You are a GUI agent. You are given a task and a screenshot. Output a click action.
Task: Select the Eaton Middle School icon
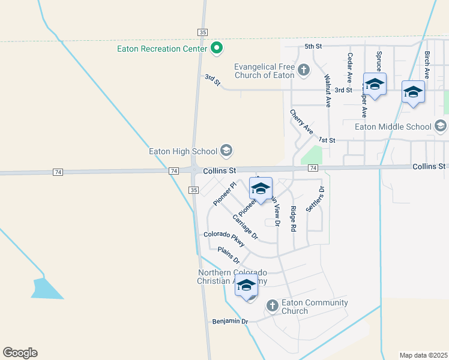tap(441, 126)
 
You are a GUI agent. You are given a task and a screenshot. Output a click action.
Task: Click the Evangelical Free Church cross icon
tap(304, 70)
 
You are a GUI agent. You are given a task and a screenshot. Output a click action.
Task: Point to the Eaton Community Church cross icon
tap(272, 306)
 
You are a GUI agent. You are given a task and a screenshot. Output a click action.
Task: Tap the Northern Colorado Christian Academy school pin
tap(246, 286)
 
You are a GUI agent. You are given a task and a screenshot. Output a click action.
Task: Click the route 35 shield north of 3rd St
tap(202, 32)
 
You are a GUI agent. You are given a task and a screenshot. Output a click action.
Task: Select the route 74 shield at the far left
tap(58, 172)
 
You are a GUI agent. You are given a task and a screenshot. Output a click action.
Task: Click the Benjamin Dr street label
tap(230, 322)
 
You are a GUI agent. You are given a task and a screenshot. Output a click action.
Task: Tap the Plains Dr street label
tap(229, 256)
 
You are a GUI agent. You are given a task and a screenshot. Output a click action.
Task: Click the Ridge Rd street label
tap(293, 218)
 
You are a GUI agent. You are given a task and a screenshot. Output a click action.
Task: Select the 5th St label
tap(313, 46)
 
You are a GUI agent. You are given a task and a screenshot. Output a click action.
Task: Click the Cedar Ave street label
tap(349, 68)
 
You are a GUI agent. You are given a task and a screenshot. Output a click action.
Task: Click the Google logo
tap(20, 353)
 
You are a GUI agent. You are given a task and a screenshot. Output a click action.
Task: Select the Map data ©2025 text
tap(423, 355)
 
